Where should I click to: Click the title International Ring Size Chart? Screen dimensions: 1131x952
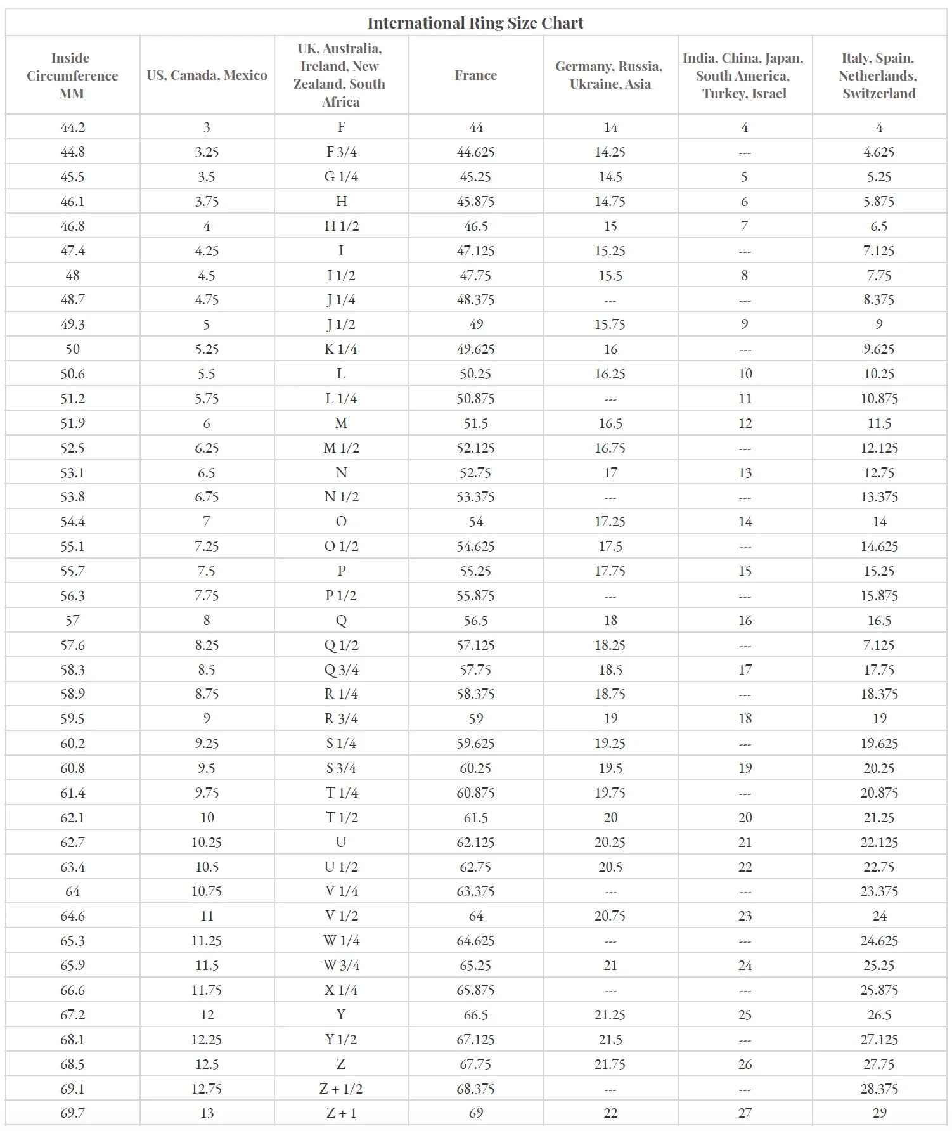click(x=475, y=23)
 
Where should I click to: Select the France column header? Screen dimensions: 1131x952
click(x=475, y=75)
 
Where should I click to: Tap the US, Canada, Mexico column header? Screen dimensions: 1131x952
click(x=207, y=75)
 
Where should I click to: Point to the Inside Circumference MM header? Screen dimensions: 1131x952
click(x=72, y=75)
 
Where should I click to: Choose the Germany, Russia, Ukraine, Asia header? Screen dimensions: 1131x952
click(x=610, y=75)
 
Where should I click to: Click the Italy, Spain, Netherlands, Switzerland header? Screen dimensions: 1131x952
click(x=878, y=75)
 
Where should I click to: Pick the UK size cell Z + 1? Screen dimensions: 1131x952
click(x=341, y=1113)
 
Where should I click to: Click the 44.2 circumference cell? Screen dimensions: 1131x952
click(x=72, y=127)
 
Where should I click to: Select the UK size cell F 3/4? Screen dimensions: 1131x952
click(x=341, y=152)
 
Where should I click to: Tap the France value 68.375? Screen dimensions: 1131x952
click(x=475, y=1089)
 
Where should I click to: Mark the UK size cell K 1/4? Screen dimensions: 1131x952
click(x=341, y=349)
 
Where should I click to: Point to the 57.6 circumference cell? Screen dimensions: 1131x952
click(x=72, y=645)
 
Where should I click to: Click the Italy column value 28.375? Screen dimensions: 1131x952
click(x=878, y=1089)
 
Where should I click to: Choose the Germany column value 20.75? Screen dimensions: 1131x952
click(x=610, y=915)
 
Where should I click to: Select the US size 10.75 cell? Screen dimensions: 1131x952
click(x=207, y=891)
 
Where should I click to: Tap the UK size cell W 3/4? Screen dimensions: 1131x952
click(x=341, y=965)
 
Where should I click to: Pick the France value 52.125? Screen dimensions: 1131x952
click(x=475, y=448)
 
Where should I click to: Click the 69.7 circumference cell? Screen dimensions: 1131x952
click(x=72, y=1113)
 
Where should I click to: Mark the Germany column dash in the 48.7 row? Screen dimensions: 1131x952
click(x=610, y=300)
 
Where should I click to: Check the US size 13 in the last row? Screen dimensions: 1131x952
click(x=207, y=1113)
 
